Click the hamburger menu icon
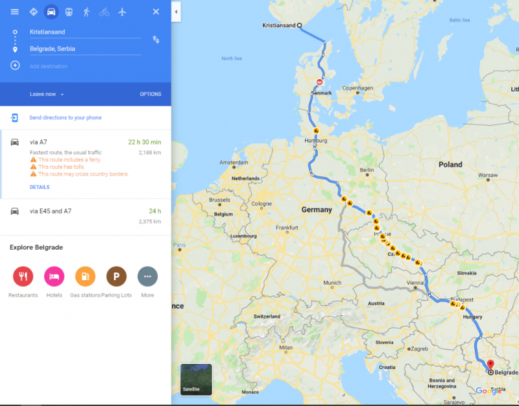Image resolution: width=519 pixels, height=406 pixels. click(x=15, y=12)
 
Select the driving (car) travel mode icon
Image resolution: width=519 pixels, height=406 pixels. click(x=51, y=12)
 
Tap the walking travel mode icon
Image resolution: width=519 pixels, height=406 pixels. click(x=86, y=12)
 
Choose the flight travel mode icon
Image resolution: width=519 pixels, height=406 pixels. click(x=122, y=12)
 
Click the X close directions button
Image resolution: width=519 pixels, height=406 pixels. click(x=156, y=12)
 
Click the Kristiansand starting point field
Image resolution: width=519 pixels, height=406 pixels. click(x=84, y=32)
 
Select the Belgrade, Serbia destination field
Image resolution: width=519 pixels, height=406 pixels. click(x=84, y=49)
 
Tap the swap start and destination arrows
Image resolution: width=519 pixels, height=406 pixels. click(x=156, y=40)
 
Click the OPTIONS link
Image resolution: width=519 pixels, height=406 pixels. click(x=151, y=94)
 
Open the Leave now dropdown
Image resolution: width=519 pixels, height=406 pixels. click(x=47, y=94)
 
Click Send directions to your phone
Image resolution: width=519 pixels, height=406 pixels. click(x=65, y=117)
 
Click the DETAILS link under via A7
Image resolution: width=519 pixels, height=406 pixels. click(x=40, y=187)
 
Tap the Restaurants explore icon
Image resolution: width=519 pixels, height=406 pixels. click(x=23, y=276)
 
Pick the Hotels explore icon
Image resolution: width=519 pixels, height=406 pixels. click(x=54, y=276)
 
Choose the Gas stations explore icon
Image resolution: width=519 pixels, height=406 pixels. click(x=85, y=276)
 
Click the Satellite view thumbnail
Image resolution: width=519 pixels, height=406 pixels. click(x=196, y=379)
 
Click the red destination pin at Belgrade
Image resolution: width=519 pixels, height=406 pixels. click(x=490, y=365)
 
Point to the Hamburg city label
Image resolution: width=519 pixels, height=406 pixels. click(x=313, y=139)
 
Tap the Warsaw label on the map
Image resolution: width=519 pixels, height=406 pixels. click(x=487, y=175)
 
